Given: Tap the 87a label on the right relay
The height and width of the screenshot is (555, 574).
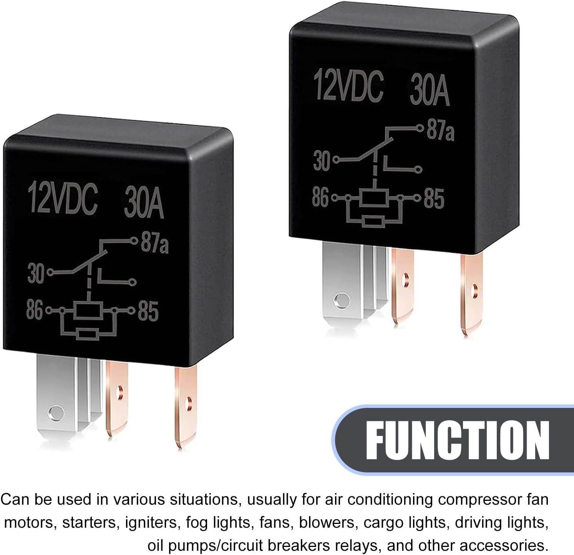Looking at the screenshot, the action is (x=440, y=132).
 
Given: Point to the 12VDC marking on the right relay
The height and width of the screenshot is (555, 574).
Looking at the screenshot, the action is (x=348, y=86).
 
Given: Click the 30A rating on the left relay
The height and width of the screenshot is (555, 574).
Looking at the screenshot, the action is (x=144, y=203).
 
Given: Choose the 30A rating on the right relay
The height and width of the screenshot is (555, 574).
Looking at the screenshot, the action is (x=430, y=91).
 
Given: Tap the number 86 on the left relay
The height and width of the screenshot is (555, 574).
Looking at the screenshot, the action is (x=34, y=310).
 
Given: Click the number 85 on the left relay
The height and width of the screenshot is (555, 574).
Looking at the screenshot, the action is (x=148, y=311).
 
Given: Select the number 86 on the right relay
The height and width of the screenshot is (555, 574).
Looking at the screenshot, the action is (x=320, y=198).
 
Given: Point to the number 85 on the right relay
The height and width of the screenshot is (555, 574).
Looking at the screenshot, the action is (x=434, y=199).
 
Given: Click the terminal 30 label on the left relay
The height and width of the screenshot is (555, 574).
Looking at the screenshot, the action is (x=36, y=273).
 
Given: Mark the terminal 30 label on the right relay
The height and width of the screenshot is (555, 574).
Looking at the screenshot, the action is (x=322, y=160).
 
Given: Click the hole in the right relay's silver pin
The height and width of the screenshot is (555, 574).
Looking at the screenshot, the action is (x=341, y=300).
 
